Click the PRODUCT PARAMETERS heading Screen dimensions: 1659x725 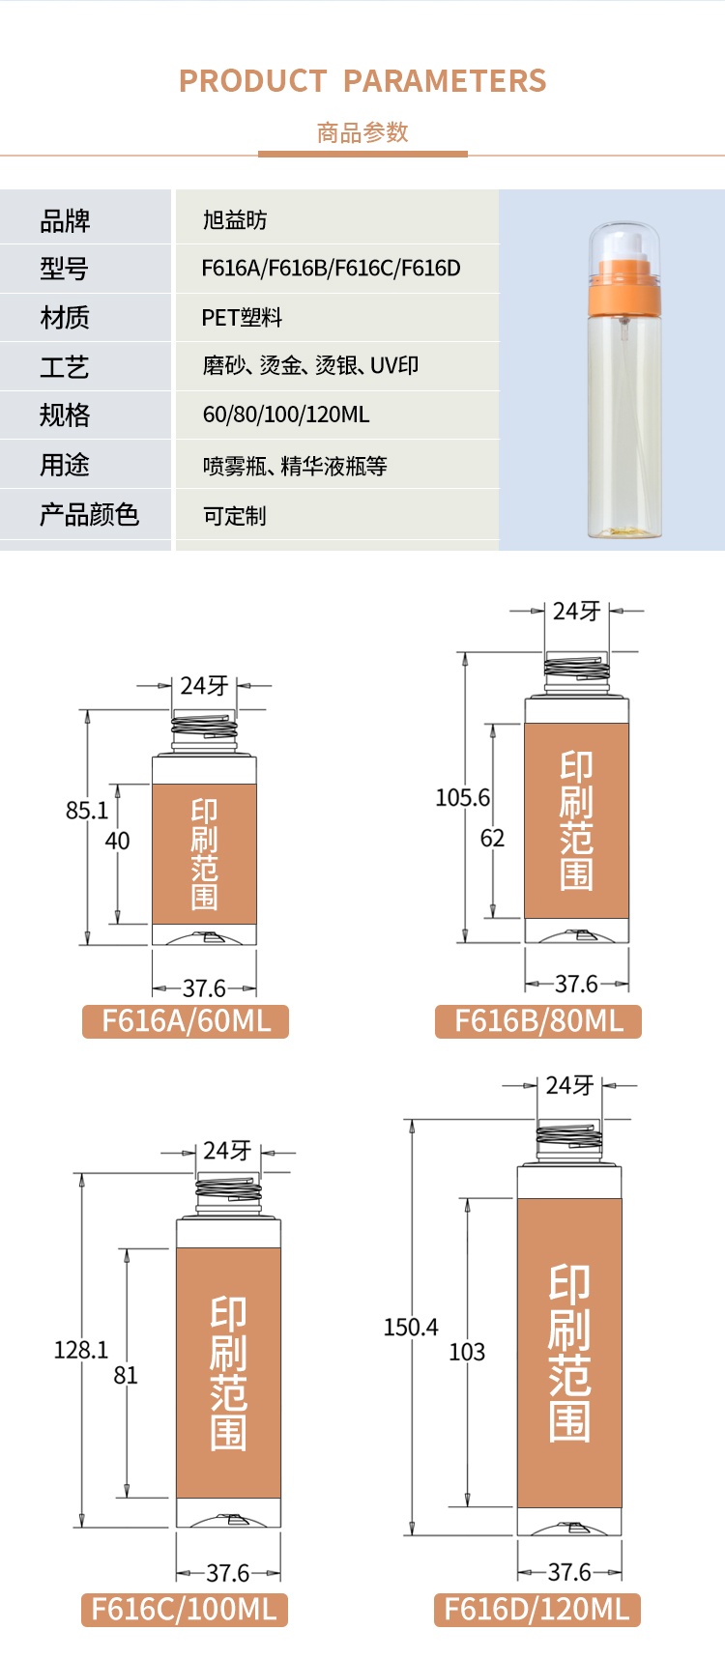[x=362, y=81]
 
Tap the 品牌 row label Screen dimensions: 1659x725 [x=65, y=221]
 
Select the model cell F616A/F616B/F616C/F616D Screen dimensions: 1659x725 [x=331, y=268]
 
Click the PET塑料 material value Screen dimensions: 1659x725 [x=242, y=317]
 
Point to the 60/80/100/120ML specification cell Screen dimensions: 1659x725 [x=286, y=415]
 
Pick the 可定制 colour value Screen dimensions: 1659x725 [x=234, y=515]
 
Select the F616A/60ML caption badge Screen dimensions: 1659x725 [x=186, y=1020]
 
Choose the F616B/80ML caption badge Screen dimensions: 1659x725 [x=538, y=1020]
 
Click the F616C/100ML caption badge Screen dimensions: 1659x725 [x=184, y=1609]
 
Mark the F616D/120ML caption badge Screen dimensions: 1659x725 [x=536, y=1609]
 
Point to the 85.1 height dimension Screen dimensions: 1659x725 [x=87, y=810]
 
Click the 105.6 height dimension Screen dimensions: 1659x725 [x=462, y=797]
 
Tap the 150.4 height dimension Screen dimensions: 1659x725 [x=411, y=1327]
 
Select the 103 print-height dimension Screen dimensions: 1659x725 [x=467, y=1352]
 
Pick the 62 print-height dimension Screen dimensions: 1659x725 [x=492, y=838]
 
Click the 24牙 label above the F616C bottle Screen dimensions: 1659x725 [x=227, y=1151]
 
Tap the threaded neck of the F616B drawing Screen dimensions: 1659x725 [x=576, y=668]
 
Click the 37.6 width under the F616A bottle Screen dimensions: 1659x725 [x=204, y=987]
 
